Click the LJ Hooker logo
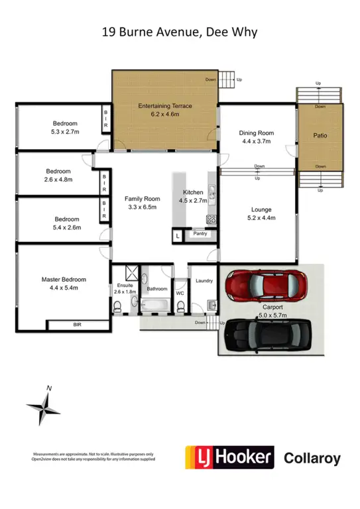coord(229,457)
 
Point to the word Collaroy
coord(312,457)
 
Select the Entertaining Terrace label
coord(164,106)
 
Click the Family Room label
coord(143,199)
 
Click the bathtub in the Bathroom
coord(157,305)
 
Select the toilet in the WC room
coord(180,306)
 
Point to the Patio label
coord(320,136)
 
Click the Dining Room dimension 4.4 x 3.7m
coord(256,141)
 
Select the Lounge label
coord(260,209)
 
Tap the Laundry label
coord(204,280)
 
